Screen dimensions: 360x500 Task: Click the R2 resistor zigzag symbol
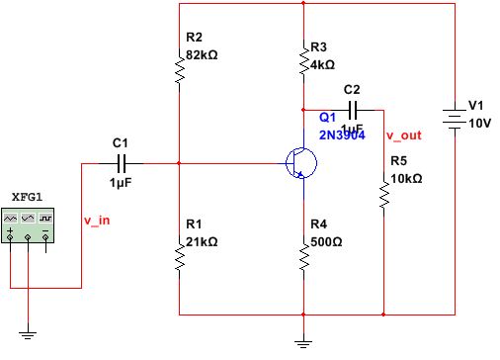[x=179, y=69]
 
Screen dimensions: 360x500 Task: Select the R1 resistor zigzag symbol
[x=179, y=257]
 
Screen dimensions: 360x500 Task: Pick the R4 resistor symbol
[x=303, y=257]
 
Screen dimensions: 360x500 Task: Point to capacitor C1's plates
[x=124, y=162]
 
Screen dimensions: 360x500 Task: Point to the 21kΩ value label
[x=202, y=241]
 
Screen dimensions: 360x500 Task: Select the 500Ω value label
[x=325, y=241]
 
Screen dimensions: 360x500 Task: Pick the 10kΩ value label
[x=406, y=179]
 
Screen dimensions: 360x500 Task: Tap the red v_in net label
[x=96, y=220]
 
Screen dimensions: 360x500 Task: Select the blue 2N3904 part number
[x=342, y=135]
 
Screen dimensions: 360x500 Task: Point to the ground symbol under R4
[x=303, y=341]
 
